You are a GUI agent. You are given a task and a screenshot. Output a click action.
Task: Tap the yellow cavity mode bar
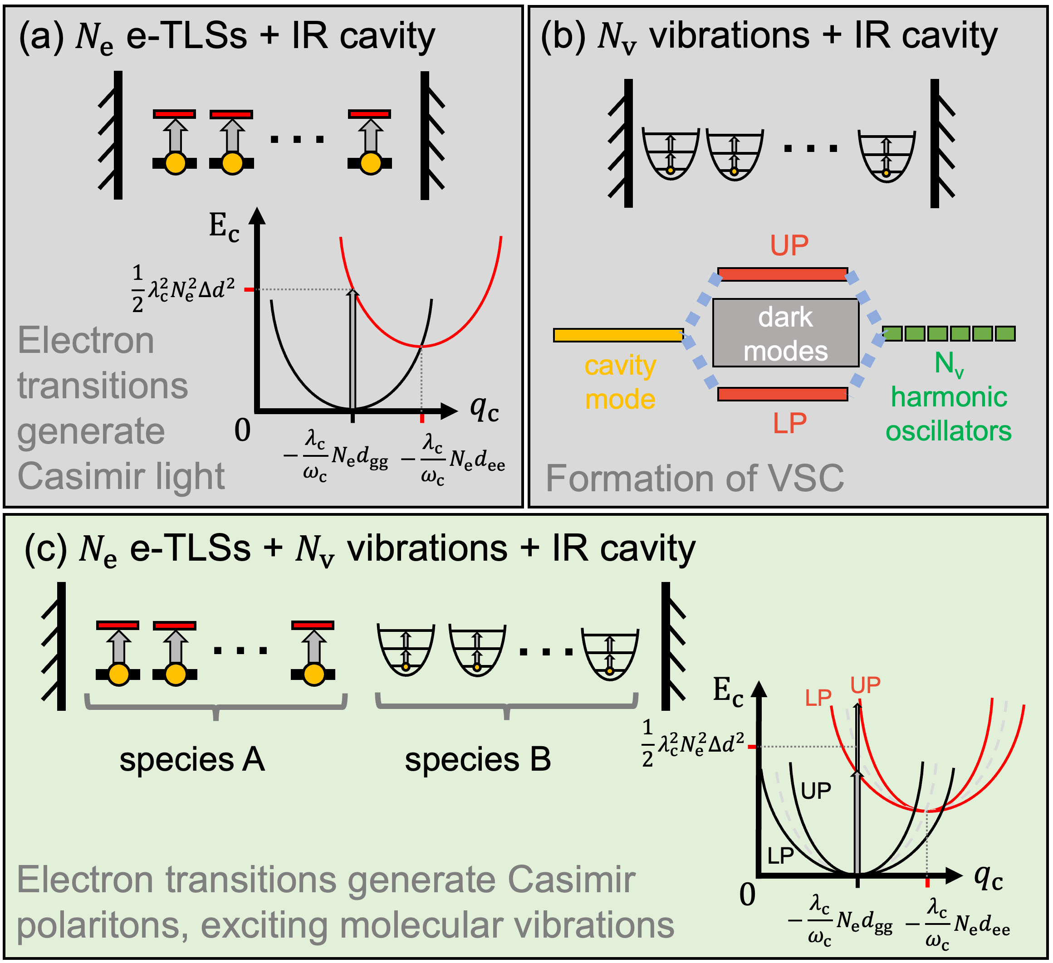coord(618,335)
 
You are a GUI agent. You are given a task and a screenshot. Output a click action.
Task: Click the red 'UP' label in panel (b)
coord(789,245)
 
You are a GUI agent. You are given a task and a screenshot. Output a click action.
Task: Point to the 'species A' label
coord(192,760)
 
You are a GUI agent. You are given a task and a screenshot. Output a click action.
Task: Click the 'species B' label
coord(477,760)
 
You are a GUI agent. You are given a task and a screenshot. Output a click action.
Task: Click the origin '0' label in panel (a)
coord(242,430)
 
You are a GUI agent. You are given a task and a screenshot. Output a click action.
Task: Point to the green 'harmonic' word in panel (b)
coord(949,397)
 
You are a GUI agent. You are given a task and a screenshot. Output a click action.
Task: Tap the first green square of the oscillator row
coord(891,333)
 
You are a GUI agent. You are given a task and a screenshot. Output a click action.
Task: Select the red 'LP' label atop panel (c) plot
coord(818,698)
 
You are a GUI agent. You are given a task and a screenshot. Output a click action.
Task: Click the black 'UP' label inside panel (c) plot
coord(816,792)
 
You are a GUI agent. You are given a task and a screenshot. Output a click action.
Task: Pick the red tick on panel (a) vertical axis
coord(250,289)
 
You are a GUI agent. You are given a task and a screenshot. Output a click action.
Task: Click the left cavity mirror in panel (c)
coord(61,646)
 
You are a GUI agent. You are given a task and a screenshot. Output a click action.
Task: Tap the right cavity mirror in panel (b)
coord(935,144)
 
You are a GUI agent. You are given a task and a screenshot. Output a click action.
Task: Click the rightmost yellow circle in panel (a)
coord(370,163)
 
